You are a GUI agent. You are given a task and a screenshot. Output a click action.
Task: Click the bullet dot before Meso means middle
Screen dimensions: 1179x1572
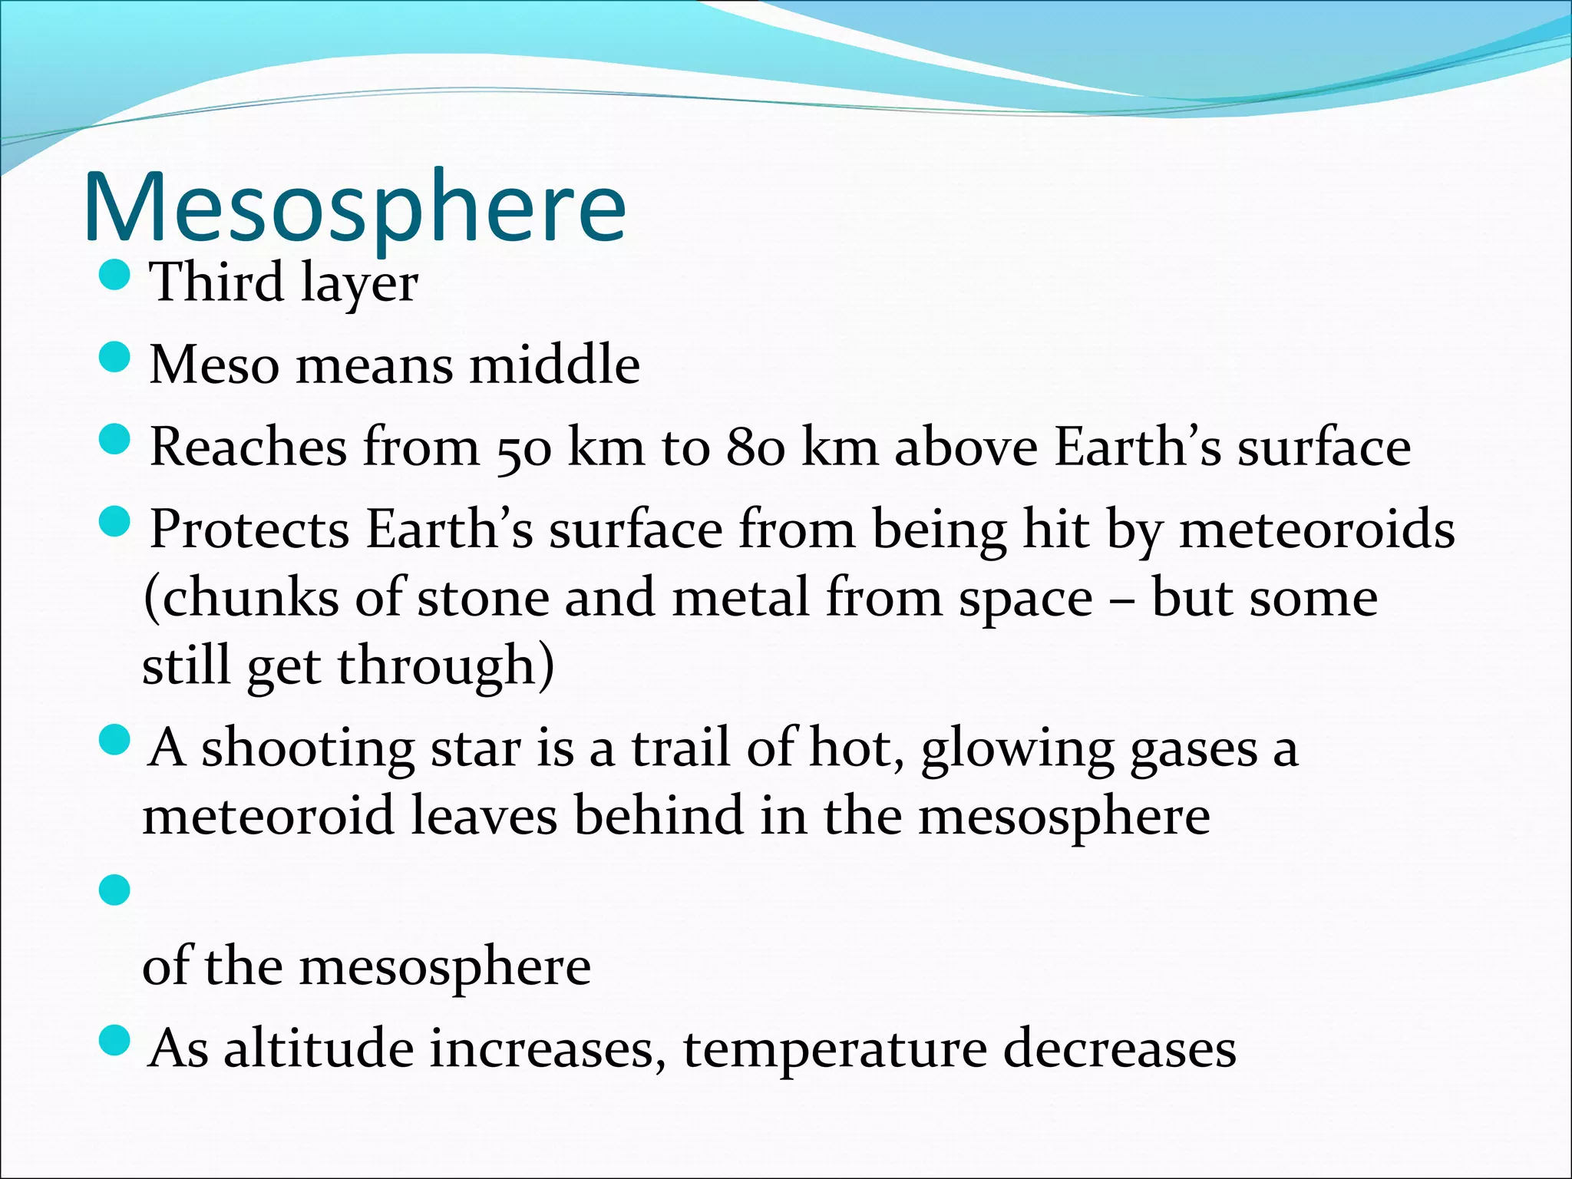[x=115, y=357]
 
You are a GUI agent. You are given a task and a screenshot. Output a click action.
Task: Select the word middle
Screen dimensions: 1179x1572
[x=554, y=365]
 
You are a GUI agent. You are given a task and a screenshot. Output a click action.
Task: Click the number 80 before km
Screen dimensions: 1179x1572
[x=756, y=448]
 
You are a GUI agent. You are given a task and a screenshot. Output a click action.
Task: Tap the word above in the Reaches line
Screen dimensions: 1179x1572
[x=966, y=447]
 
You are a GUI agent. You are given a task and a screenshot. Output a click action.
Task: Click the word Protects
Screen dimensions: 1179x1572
[x=249, y=530]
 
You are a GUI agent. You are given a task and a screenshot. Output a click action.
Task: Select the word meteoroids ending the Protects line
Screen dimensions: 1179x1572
[x=1316, y=530]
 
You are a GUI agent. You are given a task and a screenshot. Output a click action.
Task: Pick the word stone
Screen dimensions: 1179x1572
[x=483, y=598]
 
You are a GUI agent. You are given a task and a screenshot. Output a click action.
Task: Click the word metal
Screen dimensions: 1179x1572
[x=741, y=598]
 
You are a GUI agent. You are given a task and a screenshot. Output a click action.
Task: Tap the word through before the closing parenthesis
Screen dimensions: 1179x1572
[x=436, y=666]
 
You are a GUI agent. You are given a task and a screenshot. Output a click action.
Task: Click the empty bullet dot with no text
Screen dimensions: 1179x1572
[x=115, y=890]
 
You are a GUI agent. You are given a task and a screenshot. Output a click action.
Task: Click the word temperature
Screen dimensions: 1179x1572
[x=834, y=1050]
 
